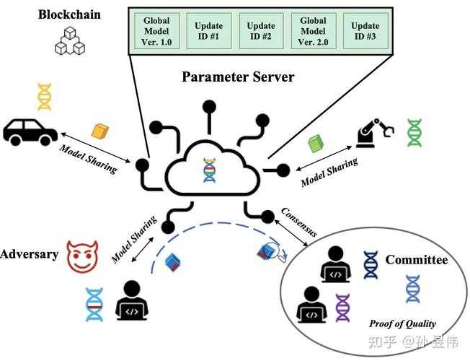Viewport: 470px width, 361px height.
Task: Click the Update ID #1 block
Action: [208, 32]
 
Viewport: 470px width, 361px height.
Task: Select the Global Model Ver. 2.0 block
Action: [314, 32]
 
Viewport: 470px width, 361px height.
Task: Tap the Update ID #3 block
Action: [366, 32]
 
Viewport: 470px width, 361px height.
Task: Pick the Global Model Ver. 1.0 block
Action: [157, 32]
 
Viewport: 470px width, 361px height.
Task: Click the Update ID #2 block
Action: [261, 32]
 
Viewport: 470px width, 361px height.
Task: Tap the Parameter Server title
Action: [238, 77]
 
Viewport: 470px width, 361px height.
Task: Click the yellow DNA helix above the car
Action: [44, 97]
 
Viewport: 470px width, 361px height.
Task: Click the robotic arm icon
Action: [375, 131]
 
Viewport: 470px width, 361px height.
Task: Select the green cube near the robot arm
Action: [315, 143]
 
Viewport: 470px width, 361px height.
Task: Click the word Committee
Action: [416, 260]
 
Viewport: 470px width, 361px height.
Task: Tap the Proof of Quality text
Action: [402, 323]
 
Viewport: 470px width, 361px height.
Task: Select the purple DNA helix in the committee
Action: [342, 308]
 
